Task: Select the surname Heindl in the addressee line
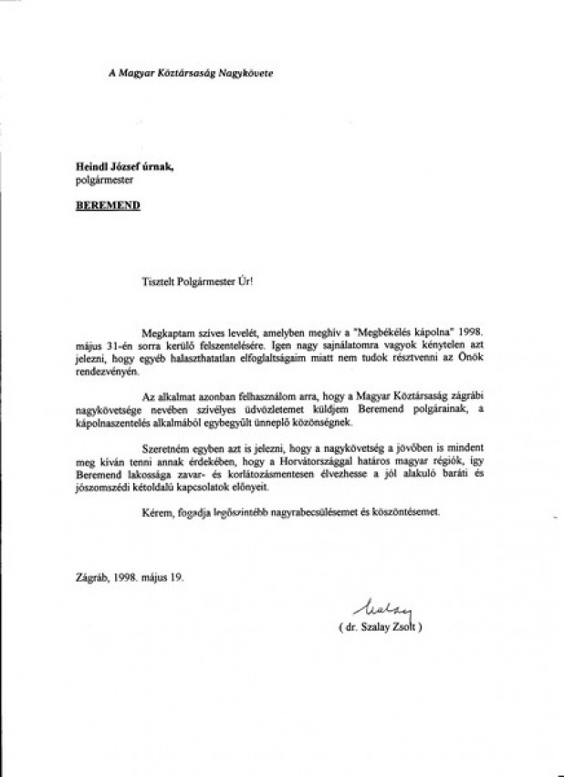91,167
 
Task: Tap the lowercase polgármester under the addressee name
107,181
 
